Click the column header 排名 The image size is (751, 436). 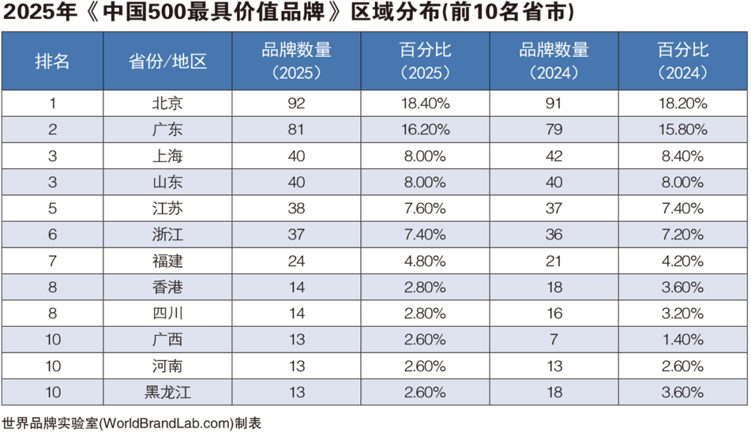point(53,61)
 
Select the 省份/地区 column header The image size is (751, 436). point(168,61)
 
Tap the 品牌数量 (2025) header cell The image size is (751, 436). point(296,61)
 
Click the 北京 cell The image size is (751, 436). point(168,104)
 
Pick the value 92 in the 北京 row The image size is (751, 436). point(296,104)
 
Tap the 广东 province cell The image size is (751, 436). point(168,129)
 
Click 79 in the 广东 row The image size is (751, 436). point(554,129)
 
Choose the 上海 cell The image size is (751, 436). point(168,156)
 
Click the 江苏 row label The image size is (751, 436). point(168,209)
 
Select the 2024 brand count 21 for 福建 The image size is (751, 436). point(554,261)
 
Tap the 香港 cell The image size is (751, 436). point(168,287)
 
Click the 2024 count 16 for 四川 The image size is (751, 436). point(554,314)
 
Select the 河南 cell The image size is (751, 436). point(168,366)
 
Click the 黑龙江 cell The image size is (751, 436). point(168,392)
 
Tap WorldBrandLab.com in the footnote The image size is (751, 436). point(167,423)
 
